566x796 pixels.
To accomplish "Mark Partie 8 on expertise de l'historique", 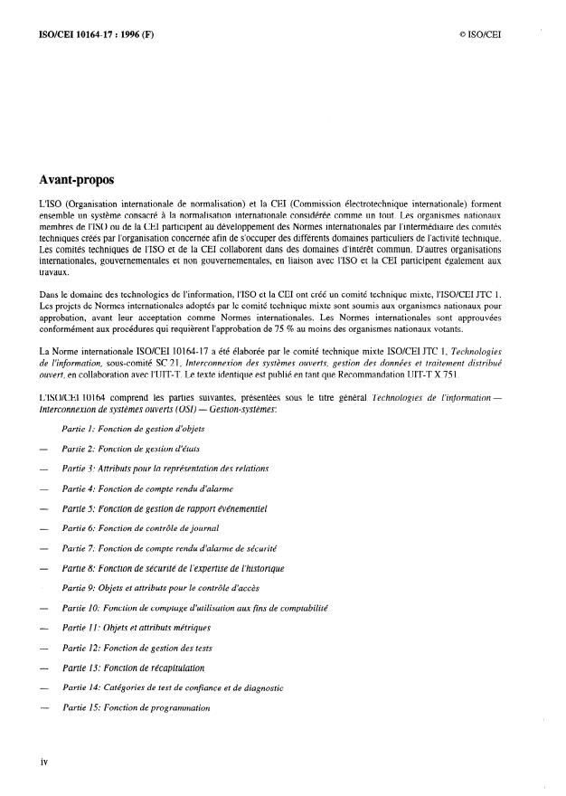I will pyautogui.click(x=174, y=568).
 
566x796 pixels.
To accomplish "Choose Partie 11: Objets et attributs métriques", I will pyautogui.click(x=137, y=628).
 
